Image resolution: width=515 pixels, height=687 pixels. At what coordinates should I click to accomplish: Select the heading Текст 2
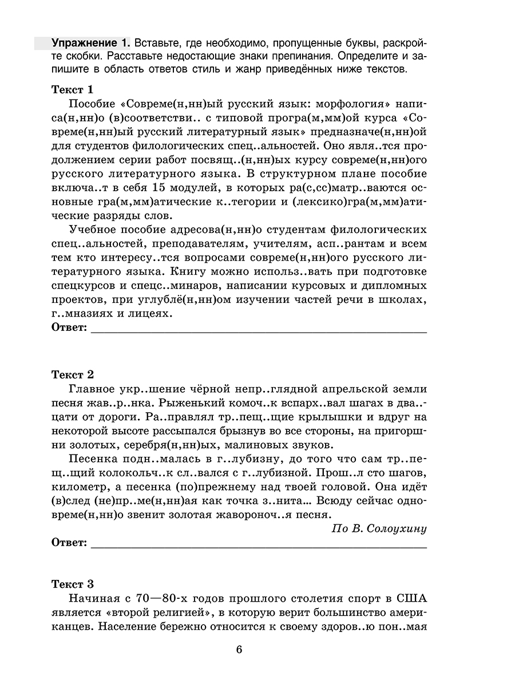click(x=73, y=374)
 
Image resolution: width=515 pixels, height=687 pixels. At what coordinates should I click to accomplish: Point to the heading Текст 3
click(x=73, y=585)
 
